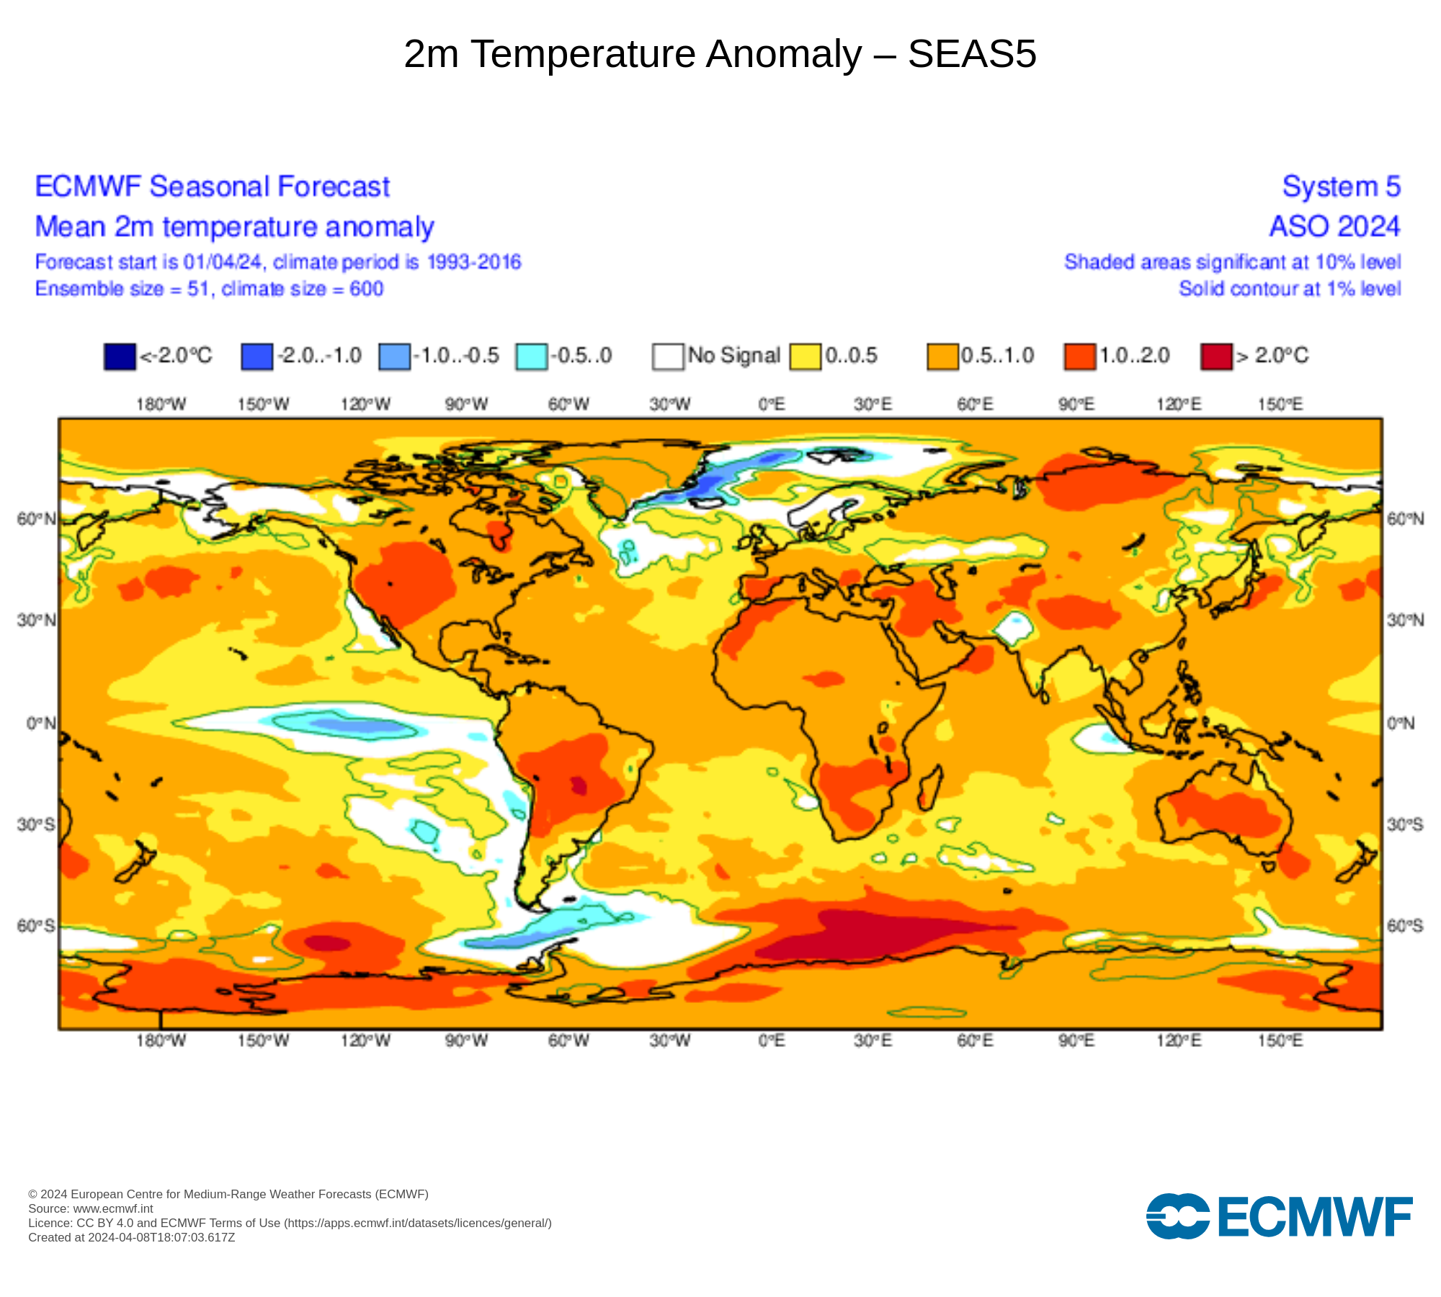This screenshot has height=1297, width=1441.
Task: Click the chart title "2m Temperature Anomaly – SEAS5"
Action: (720, 54)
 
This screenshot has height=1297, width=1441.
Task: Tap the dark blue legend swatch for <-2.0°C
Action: (120, 356)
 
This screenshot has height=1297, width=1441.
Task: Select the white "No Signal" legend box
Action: (668, 356)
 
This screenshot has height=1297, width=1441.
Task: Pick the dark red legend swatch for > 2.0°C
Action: (1216, 356)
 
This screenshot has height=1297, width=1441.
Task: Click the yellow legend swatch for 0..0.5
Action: (805, 356)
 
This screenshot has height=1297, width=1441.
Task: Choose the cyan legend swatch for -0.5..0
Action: (531, 356)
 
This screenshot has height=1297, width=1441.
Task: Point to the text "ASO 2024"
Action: (1334, 226)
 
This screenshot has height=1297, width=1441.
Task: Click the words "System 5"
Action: (1341, 187)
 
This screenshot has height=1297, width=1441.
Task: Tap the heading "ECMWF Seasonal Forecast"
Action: (213, 187)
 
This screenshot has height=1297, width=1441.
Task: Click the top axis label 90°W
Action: (466, 404)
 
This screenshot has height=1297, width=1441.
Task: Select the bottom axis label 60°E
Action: (975, 1040)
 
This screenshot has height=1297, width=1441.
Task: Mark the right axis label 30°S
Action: (1405, 824)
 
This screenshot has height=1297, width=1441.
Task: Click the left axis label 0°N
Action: (41, 723)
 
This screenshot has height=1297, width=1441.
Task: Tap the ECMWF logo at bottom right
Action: (1279, 1216)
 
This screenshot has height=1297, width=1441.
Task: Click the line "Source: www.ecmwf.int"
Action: (91, 1208)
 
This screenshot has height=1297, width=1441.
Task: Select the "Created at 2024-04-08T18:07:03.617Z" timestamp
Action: (132, 1237)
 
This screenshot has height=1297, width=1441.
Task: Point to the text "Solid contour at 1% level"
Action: (1290, 289)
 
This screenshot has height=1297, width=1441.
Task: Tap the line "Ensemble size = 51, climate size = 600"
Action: (210, 289)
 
